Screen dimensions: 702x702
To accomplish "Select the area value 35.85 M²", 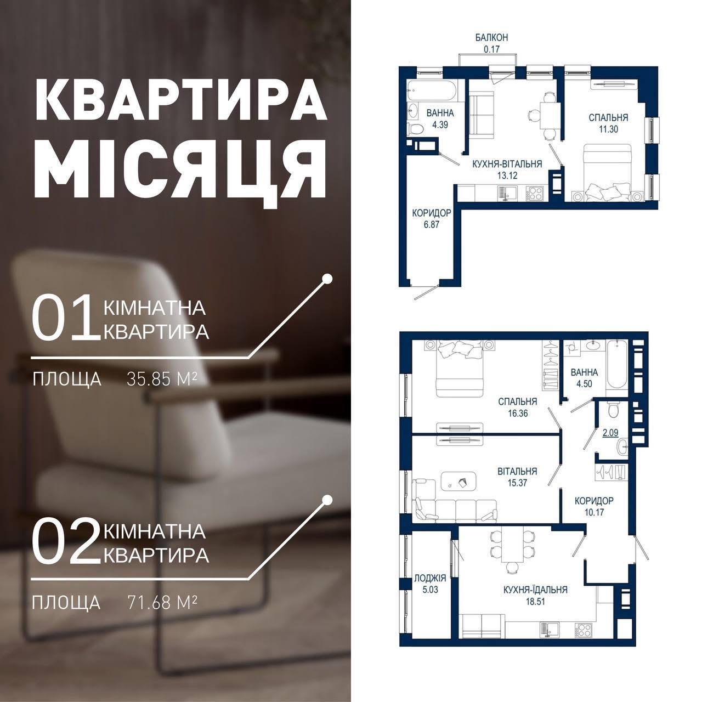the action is coord(162,380).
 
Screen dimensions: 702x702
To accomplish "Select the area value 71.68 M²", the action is coord(162,602).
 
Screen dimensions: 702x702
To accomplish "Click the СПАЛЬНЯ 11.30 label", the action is coord(608,123).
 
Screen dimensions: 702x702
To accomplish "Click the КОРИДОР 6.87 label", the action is coord(431,219).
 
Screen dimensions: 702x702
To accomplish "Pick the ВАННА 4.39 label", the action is coord(440,119).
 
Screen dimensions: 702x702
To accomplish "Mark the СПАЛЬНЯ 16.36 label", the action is coord(517,407).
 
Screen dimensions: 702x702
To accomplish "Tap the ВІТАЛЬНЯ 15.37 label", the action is coord(517,477).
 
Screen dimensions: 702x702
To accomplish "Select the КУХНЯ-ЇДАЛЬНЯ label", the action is coord(535,595).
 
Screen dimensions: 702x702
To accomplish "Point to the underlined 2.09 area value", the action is coord(610,433).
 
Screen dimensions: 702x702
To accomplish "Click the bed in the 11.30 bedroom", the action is coord(607,172).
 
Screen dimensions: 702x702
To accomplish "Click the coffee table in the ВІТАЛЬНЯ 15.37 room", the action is coord(458,481).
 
